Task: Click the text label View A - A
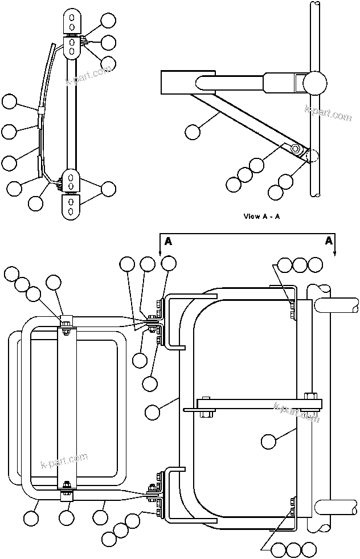coord(261,216)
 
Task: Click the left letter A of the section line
coord(168,242)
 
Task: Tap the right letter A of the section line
coord(329,241)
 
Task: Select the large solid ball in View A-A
coord(315,84)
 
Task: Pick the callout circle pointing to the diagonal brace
coord(193,132)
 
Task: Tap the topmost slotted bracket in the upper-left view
coord(71,21)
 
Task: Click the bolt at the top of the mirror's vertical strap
coord(67,324)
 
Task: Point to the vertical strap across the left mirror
coord(67,405)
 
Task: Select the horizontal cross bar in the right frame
coord(259,405)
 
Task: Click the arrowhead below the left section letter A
coord(160,252)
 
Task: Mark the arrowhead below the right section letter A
coord(336,253)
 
